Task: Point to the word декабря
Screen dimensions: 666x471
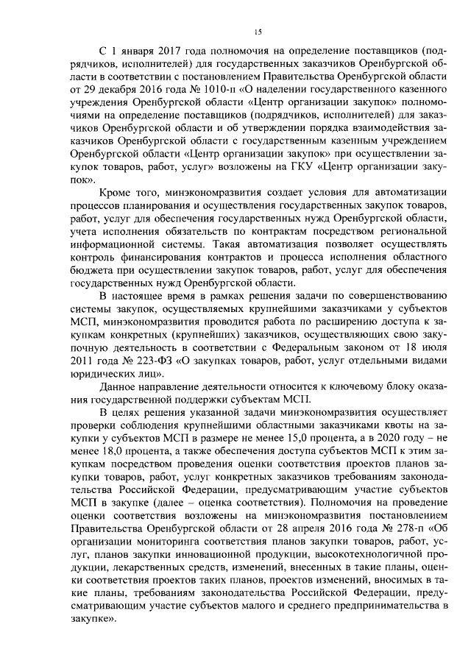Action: tap(112, 88)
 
